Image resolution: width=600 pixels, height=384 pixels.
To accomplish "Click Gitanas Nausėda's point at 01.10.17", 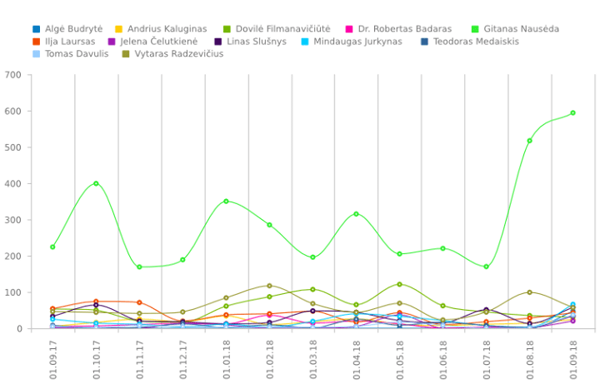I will click(96, 183).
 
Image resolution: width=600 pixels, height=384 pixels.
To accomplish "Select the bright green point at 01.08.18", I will click(529, 141).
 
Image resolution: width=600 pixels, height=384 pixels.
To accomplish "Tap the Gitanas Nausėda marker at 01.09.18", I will click(572, 112).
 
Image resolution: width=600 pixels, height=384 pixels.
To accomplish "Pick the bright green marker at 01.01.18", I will click(226, 201).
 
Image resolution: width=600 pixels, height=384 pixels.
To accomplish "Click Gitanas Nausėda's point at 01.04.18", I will click(356, 214).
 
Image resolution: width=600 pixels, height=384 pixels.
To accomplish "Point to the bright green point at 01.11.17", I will click(139, 267).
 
